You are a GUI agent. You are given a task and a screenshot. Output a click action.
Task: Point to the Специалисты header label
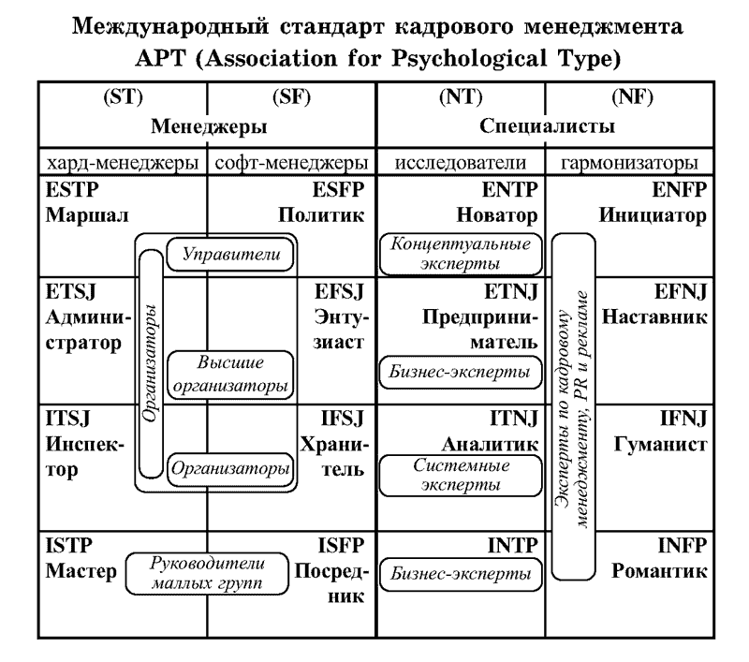(x=548, y=125)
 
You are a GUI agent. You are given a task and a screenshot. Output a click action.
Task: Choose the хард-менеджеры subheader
(x=123, y=161)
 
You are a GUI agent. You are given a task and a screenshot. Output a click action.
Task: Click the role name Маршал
(x=82, y=216)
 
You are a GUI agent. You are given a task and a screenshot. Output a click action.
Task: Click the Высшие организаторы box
(x=229, y=372)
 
